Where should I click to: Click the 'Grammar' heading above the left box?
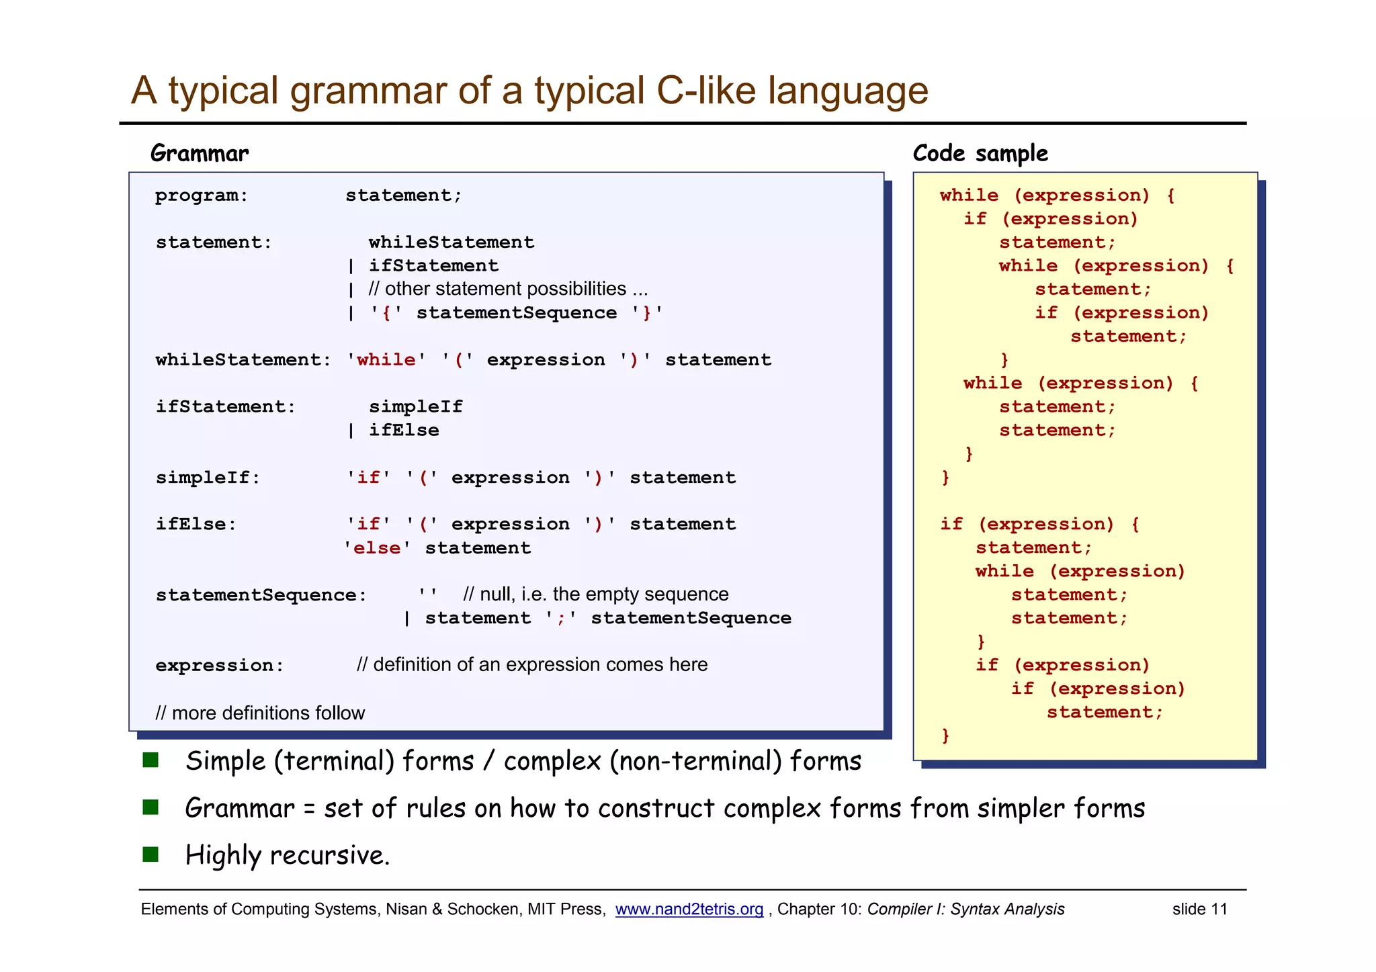pyautogui.click(x=200, y=154)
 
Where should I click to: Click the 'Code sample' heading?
pyautogui.click(x=980, y=154)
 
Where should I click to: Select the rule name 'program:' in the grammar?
pyautogui.click(x=202, y=195)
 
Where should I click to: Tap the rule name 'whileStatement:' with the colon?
pyautogui.click(x=243, y=360)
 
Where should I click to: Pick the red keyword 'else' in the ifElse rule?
pyautogui.click(x=376, y=548)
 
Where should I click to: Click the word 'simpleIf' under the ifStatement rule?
pyautogui.click(x=415, y=407)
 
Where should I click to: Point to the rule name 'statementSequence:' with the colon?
pyautogui.click(x=261, y=595)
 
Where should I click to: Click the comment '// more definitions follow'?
pyautogui.click(x=260, y=713)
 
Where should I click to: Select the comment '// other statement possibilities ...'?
pyautogui.click(x=508, y=289)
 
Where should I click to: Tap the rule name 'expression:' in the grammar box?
pyautogui.click(x=220, y=666)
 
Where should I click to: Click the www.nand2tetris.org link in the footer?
pyautogui.click(x=689, y=910)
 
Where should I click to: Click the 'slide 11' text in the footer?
pyautogui.click(x=1199, y=910)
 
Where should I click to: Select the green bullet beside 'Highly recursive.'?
pyautogui.click(x=150, y=854)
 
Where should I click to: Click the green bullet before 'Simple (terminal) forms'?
pyautogui.click(x=150, y=760)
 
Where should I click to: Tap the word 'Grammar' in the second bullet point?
pyautogui.click(x=239, y=808)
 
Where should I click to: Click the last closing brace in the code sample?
pyautogui.click(x=945, y=736)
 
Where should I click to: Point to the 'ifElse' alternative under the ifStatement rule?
pyautogui.click(x=403, y=431)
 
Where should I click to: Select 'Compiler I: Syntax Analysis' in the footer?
pyautogui.click(x=965, y=910)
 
